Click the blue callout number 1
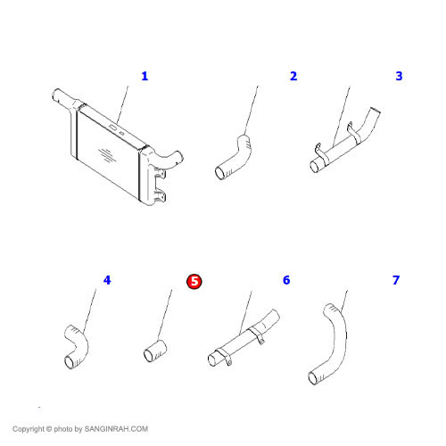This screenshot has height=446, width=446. pos(145,76)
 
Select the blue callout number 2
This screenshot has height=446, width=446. pos(293,76)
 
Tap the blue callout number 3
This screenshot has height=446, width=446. pos(399,76)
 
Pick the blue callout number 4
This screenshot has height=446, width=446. pos(107,280)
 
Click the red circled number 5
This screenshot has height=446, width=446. pos(194,281)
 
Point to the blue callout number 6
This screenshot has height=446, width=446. pos(286,280)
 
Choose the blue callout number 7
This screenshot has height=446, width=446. pos(396,280)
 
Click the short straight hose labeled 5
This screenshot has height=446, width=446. pos(155,351)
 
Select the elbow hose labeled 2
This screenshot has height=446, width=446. pos(235,159)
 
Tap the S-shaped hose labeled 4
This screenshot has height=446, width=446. pos(78,346)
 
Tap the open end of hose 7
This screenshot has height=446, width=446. pos(313,378)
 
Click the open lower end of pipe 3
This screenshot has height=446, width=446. pos(314,167)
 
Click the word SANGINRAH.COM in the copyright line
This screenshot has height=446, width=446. pos(116,429)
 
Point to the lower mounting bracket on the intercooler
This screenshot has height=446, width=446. pos(161,196)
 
